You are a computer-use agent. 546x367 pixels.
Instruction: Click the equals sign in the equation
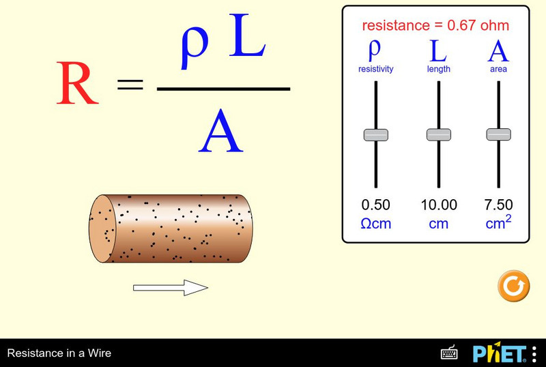click(130, 85)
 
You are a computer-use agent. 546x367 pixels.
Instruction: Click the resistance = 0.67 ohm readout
click(435, 26)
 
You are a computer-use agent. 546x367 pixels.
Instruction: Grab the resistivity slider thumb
click(375, 134)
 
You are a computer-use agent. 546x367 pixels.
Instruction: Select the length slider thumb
click(439, 134)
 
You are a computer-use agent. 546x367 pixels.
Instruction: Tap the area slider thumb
click(499, 134)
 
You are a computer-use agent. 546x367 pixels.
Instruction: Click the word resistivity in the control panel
click(376, 69)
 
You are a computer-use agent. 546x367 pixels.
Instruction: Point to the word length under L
click(438, 69)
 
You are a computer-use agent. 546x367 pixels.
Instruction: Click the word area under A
click(498, 69)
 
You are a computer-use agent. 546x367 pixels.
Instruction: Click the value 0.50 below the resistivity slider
click(376, 205)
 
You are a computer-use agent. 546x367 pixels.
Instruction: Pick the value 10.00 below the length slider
click(439, 205)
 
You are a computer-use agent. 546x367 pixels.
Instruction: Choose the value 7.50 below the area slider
click(499, 205)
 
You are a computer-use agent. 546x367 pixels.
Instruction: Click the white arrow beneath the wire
click(170, 289)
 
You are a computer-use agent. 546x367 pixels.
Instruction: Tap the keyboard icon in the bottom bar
click(449, 353)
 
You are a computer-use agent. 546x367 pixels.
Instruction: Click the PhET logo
click(500, 353)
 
